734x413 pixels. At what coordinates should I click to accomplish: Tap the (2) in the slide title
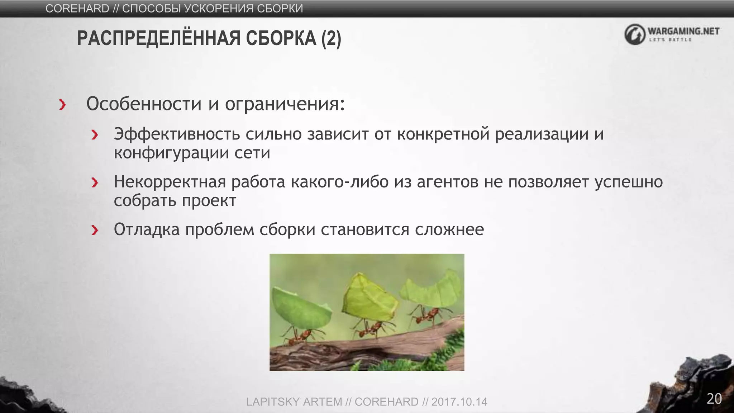(x=331, y=39)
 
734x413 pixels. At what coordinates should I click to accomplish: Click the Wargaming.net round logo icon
(x=635, y=34)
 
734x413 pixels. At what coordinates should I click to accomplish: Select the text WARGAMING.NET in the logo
(x=683, y=31)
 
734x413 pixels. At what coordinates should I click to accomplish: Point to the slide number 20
(x=714, y=399)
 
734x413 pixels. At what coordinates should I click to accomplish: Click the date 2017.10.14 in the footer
(x=459, y=402)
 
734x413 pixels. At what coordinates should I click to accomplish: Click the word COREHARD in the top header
(x=77, y=8)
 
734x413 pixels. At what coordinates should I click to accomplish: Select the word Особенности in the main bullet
(x=144, y=104)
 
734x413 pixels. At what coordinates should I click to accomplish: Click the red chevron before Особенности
(x=63, y=105)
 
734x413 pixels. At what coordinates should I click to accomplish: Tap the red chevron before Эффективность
(x=95, y=135)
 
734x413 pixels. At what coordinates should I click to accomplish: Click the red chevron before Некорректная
(x=95, y=182)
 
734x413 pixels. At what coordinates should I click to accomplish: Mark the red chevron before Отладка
(x=95, y=230)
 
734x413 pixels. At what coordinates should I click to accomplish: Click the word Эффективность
(x=177, y=134)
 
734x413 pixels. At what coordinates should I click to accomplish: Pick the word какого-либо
(x=340, y=182)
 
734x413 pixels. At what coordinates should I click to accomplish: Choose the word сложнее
(x=449, y=229)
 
